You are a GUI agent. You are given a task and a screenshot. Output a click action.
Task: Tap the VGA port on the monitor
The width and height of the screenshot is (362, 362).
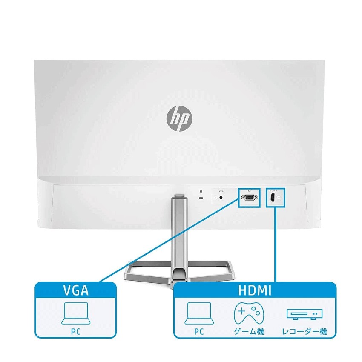pyautogui.click(x=249, y=198)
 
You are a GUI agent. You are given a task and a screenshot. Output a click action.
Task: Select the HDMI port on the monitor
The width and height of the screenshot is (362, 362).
pyautogui.click(x=272, y=198)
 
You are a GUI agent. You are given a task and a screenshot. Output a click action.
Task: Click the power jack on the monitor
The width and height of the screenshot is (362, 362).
pyautogui.click(x=221, y=197)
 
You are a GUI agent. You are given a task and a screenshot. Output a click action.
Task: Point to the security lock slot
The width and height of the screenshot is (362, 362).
pyautogui.click(x=201, y=198)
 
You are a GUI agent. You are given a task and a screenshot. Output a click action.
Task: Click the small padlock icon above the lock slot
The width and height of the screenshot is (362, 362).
pyautogui.click(x=201, y=190)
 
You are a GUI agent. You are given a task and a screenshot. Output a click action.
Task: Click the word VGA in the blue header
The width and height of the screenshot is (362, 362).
pyautogui.click(x=75, y=291)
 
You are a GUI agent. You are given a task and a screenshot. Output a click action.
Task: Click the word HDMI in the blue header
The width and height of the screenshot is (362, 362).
pyautogui.click(x=255, y=291)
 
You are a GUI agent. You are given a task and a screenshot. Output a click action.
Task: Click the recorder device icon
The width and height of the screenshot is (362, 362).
pyautogui.click(x=304, y=314)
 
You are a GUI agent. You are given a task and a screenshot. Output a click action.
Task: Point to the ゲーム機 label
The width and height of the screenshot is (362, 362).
pyautogui.click(x=249, y=331)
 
